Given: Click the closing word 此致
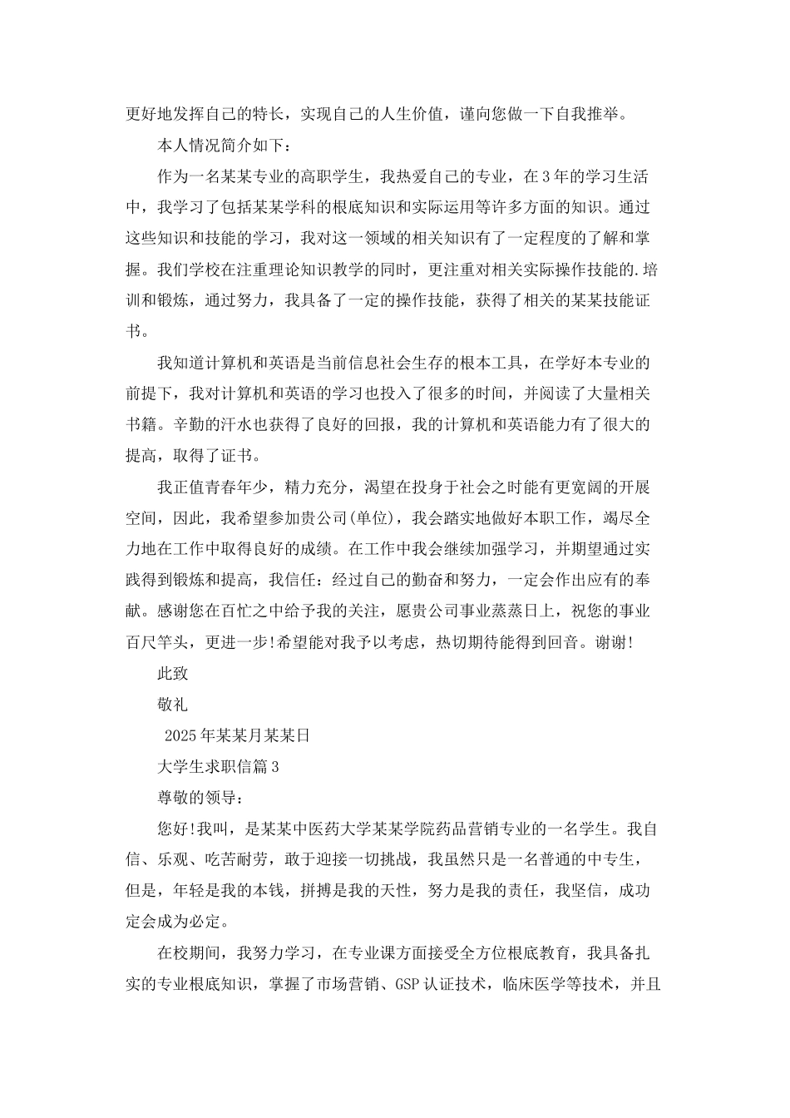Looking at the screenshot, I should [173, 673].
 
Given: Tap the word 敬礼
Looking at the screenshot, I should [173, 704].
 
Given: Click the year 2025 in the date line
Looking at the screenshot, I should [180, 735].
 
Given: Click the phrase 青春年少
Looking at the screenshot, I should [236, 487].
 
